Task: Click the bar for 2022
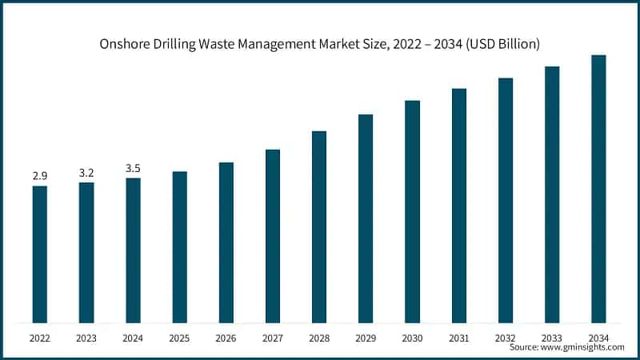tap(39, 254)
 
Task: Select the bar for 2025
tap(179, 247)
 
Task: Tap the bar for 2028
tap(319, 227)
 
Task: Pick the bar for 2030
tap(412, 212)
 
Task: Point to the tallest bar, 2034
tap(598, 189)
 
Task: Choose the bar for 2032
tap(506, 201)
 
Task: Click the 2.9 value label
tap(39, 175)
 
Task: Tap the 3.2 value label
tap(86, 172)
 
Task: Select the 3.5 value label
tap(133, 167)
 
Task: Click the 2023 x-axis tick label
tap(86, 338)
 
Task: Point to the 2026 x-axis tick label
tap(226, 338)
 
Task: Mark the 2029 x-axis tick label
tap(366, 338)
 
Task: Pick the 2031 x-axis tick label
tap(459, 338)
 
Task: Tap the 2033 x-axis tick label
tap(552, 338)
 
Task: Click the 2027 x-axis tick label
tap(273, 338)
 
